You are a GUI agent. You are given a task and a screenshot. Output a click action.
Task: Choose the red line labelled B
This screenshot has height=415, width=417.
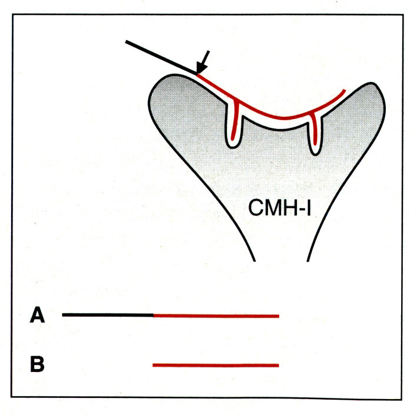215,365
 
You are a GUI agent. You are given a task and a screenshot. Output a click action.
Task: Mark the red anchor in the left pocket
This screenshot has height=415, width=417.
235,121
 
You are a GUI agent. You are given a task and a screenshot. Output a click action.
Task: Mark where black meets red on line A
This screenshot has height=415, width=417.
154,315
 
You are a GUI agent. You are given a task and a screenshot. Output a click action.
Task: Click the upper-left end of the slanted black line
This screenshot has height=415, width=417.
127,41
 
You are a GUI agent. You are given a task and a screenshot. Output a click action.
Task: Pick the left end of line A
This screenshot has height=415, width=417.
64,315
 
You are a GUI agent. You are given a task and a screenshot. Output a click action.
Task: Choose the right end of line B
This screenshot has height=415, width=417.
278,365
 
